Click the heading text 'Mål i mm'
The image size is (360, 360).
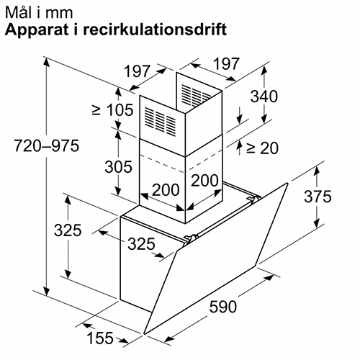pyautogui.click(x=39, y=13)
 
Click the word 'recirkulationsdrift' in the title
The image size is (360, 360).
pyautogui.click(x=155, y=30)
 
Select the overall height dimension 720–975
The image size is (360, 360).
pyautogui.click(x=47, y=145)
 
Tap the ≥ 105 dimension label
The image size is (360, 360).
pyautogui.click(x=112, y=110)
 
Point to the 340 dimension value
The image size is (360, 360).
pyautogui.click(x=264, y=96)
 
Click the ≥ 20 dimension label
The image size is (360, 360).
pyautogui.click(x=262, y=148)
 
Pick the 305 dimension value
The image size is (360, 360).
pyautogui.click(x=118, y=166)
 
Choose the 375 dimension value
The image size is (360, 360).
pyautogui.click(x=318, y=197)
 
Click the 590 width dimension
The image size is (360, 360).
pyautogui.click(x=223, y=307)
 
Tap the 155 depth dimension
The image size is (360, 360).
pyautogui.click(x=100, y=338)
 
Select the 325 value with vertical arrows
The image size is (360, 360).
pyautogui.click(x=68, y=230)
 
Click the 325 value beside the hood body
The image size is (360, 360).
pyautogui.click(x=141, y=244)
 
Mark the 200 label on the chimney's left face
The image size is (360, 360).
pyautogui.click(x=166, y=190)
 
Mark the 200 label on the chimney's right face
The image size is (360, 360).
pyautogui.click(x=204, y=180)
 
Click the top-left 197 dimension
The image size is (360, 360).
pyautogui.click(x=138, y=71)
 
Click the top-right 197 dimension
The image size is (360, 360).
pyautogui.click(x=226, y=63)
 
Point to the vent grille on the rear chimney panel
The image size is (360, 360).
pyautogui.click(x=195, y=94)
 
